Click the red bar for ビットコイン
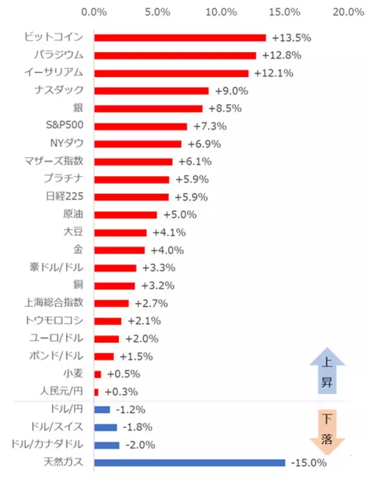tap(180, 37)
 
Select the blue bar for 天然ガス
tap(190, 463)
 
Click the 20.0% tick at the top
tap(348, 12)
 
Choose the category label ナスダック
tap(64, 91)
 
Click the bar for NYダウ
tap(138, 144)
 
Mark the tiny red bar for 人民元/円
tap(96, 392)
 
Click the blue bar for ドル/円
tap(102, 410)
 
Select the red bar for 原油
tap(125, 215)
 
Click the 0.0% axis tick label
tap(94, 12)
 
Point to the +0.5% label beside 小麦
tap(124, 374)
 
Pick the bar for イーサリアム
tap(171, 73)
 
